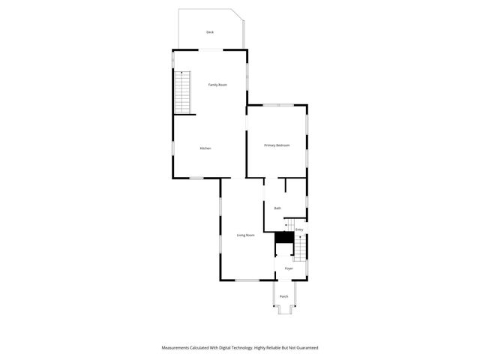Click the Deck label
pos(210,31)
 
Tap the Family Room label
pos(217,85)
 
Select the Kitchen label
pos(205,148)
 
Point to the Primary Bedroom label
pos(277,145)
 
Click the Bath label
pos(277,208)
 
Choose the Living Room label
pos(246,235)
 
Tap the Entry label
pos(299,229)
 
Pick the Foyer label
pos(289,268)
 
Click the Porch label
pos(284,297)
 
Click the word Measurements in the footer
pos(180,348)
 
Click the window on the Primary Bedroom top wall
pos(277,105)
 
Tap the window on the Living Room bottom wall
pos(247,280)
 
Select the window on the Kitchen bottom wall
pos(196,178)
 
